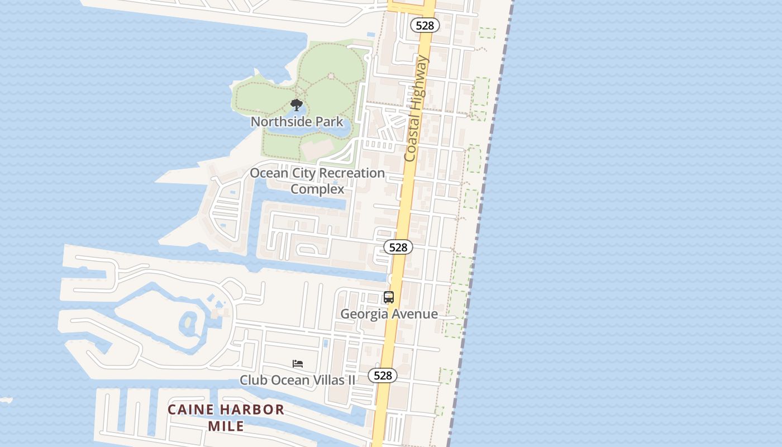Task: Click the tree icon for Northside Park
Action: click(x=297, y=105)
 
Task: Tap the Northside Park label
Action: click(x=297, y=121)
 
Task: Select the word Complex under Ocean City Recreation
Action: click(x=317, y=189)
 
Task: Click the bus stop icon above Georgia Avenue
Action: click(x=389, y=297)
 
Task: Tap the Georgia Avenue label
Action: click(x=389, y=314)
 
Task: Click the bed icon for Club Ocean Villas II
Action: click(x=298, y=364)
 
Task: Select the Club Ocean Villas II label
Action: click(x=297, y=380)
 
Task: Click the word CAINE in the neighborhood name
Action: click(x=191, y=410)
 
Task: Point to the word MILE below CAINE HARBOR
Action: click(x=226, y=426)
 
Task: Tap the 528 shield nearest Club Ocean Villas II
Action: click(x=383, y=375)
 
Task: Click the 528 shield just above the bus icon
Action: click(x=398, y=247)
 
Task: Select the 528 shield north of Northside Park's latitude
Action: click(x=425, y=25)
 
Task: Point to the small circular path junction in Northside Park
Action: click(x=331, y=75)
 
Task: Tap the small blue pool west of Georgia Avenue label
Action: click(x=326, y=343)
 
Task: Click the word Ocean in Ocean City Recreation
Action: click(x=268, y=173)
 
